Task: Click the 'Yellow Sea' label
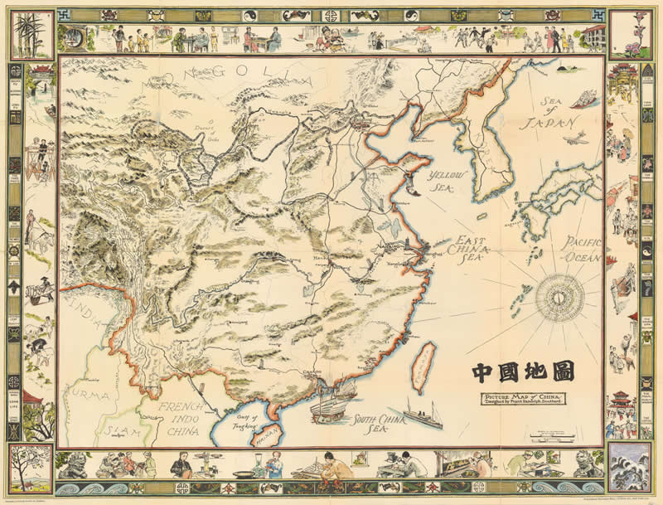click(x=448, y=179)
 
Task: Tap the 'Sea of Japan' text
click(x=546, y=117)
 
